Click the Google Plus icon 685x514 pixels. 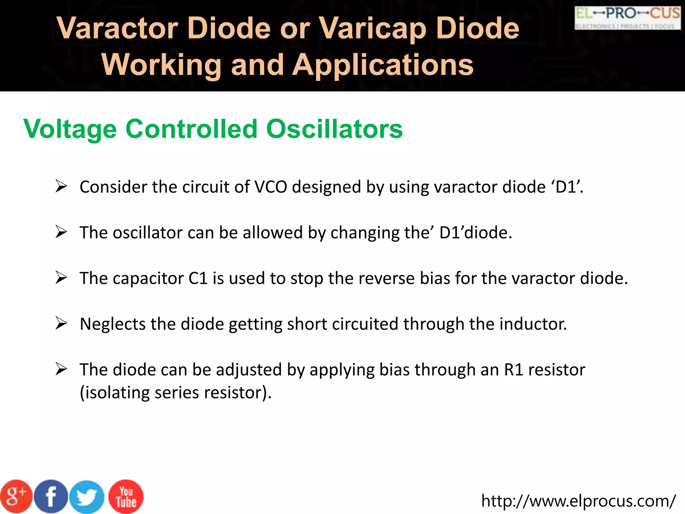(x=16, y=497)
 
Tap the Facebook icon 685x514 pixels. (x=51, y=497)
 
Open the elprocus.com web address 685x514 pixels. (x=578, y=501)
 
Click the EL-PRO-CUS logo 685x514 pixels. (x=627, y=17)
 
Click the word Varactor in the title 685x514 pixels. (x=117, y=28)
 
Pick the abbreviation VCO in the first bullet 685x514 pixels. (x=271, y=187)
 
